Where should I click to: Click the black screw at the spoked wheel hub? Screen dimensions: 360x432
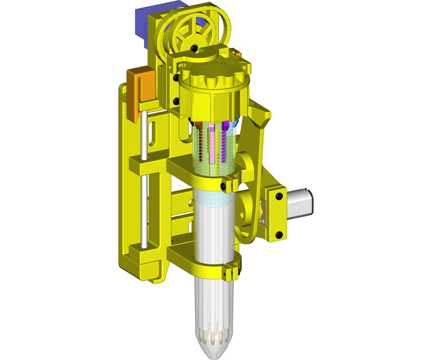(x=194, y=48)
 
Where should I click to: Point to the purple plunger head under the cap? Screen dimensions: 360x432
(x=226, y=126)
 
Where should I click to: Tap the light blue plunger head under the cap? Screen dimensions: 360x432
(x=235, y=123)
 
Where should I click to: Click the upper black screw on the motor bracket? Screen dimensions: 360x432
(x=279, y=196)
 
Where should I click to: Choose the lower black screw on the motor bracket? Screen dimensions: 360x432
(x=279, y=235)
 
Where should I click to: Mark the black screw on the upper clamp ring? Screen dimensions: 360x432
(x=223, y=186)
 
